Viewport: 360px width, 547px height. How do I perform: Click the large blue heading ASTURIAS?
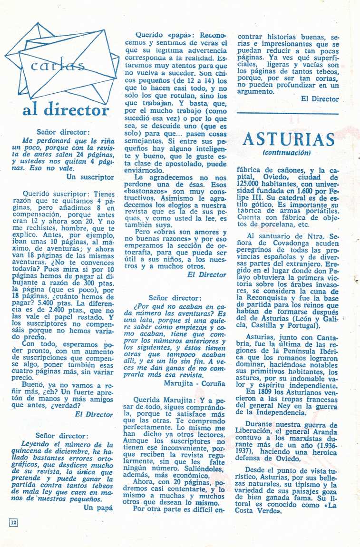tap(289, 140)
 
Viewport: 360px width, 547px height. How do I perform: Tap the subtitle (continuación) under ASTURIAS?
tap(286, 153)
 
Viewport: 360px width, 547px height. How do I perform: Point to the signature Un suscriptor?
tap(90, 176)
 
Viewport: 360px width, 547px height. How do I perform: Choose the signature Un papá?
tap(98, 507)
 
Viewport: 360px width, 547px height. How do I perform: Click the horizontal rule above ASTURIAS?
tap(287, 113)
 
